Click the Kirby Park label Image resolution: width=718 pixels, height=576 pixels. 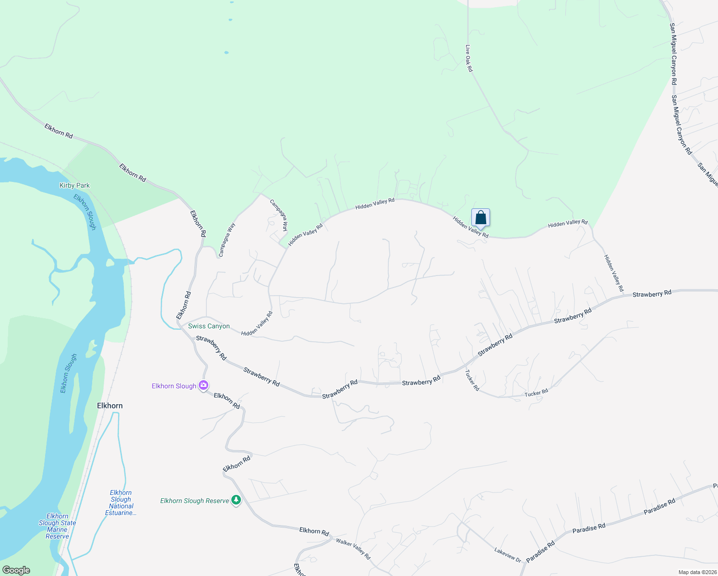coord(74,185)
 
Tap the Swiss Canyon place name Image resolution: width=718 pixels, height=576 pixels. coord(209,326)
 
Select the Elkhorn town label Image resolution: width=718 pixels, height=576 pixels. coord(110,406)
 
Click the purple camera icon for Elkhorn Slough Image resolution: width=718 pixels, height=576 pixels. coord(203,385)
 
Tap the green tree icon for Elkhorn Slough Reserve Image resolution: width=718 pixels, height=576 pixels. coord(236,500)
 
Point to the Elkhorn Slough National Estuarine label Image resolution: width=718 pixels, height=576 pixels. coord(121,503)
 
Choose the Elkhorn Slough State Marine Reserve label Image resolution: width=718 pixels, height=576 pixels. coord(58,526)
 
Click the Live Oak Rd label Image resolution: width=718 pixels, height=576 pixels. coord(469,59)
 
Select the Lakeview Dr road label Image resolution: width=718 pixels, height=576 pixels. coord(507,555)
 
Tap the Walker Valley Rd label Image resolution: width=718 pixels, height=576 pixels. coord(353,549)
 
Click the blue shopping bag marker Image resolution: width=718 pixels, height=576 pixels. coord(480,218)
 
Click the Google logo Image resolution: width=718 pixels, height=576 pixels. coord(16,570)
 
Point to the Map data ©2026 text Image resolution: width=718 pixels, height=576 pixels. coord(697,572)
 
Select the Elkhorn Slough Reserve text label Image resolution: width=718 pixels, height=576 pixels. coord(194,501)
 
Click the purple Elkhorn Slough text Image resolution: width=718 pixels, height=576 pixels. coord(174,386)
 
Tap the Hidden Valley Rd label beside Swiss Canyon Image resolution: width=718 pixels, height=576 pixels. coord(257,324)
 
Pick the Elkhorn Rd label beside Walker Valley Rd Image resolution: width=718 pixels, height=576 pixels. coord(314,531)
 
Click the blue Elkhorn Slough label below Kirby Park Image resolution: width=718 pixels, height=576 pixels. coord(85,212)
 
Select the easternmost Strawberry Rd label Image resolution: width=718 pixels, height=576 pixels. coord(652,294)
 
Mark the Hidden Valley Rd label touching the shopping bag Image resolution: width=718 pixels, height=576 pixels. coord(470,227)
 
